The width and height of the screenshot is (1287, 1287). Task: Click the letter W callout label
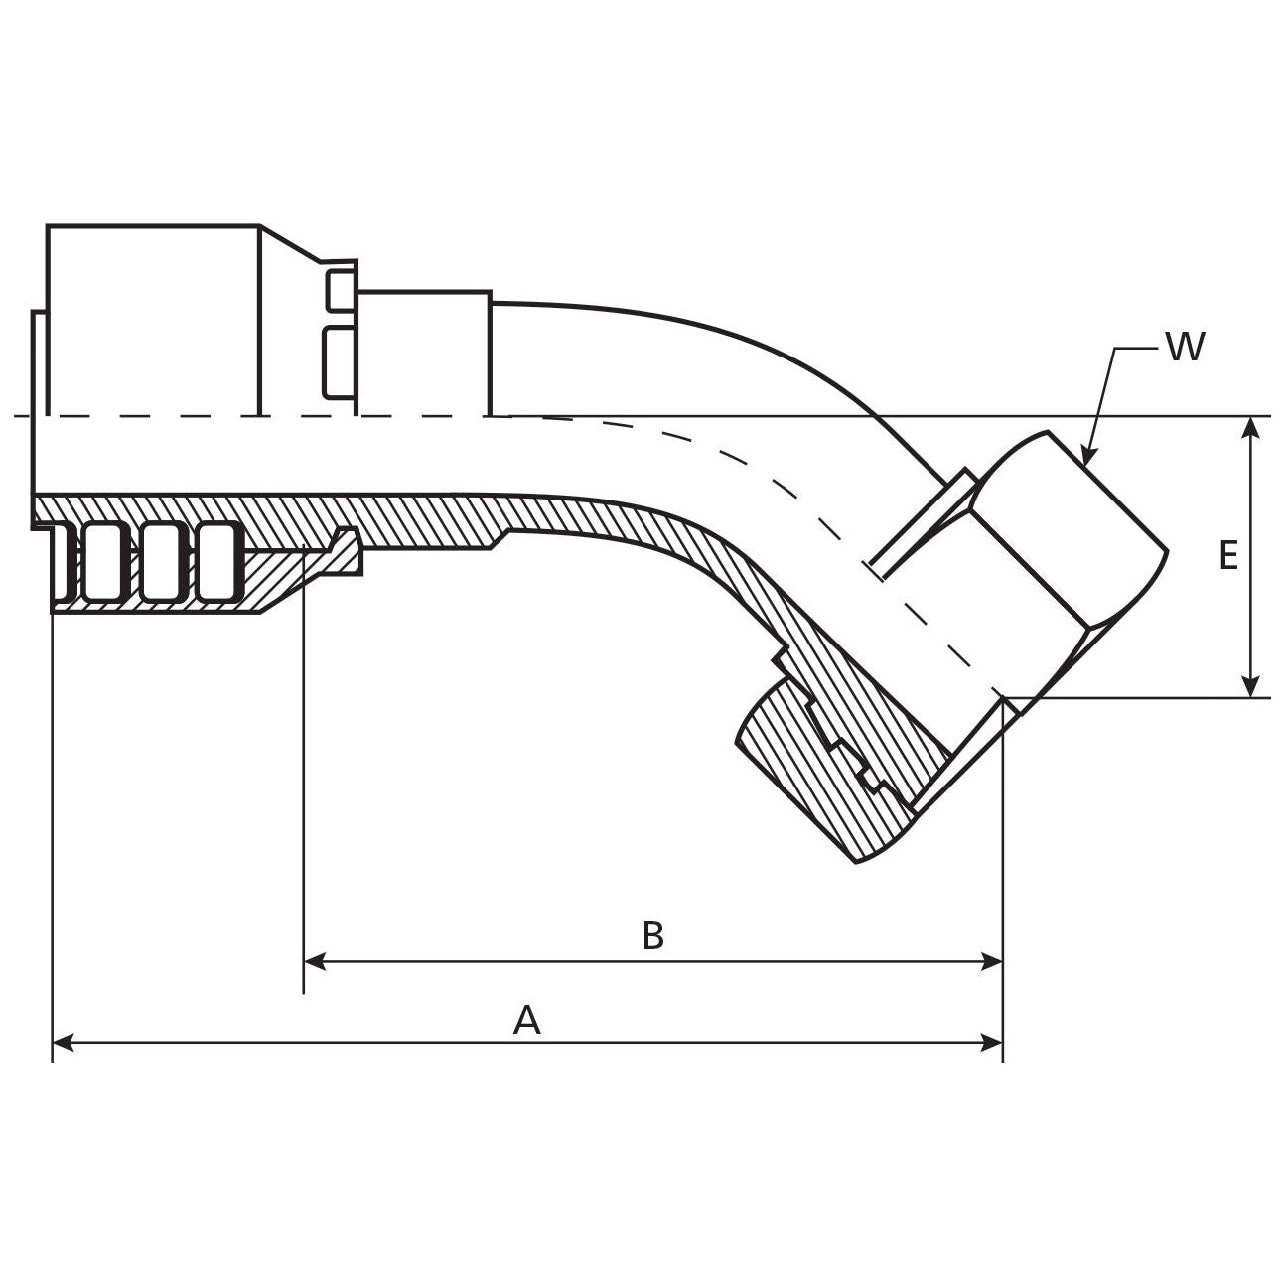click(x=1185, y=348)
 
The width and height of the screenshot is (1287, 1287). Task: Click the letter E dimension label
click(x=1228, y=556)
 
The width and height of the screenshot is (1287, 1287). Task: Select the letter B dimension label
click(x=652, y=934)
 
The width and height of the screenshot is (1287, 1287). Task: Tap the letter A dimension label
click(x=526, y=1020)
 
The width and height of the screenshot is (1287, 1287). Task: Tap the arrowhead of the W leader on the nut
click(x=1086, y=458)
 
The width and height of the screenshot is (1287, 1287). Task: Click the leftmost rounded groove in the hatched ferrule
click(x=104, y=562)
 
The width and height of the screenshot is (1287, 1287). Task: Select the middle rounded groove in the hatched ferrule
click(x=161, y=562)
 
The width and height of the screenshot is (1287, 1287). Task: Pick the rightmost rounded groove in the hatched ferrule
click(x=217, y=562)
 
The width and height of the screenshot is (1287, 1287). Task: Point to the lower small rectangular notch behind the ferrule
click(x=340, y=360)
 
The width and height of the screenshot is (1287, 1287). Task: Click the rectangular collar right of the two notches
click(x=425, y=353)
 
